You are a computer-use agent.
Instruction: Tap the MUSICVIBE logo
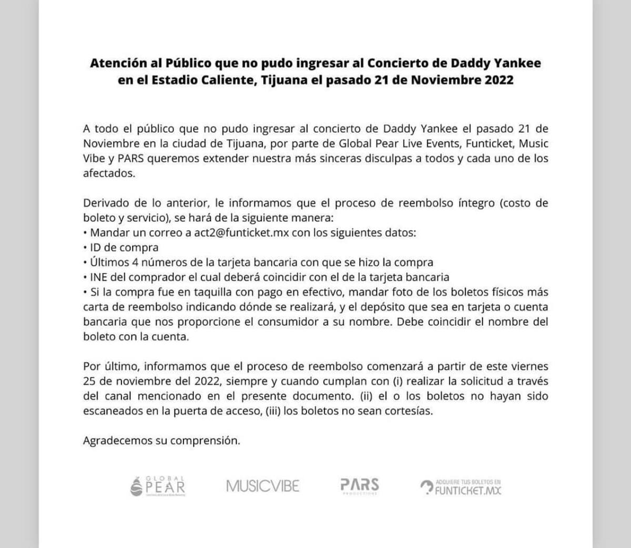coord(262,486)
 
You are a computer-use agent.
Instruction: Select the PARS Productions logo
coord(360,486)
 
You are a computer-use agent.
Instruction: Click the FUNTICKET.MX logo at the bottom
coord(461,487)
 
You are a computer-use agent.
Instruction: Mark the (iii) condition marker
coord(272,411)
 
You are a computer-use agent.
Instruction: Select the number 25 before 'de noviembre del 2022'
coord(89,381)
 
